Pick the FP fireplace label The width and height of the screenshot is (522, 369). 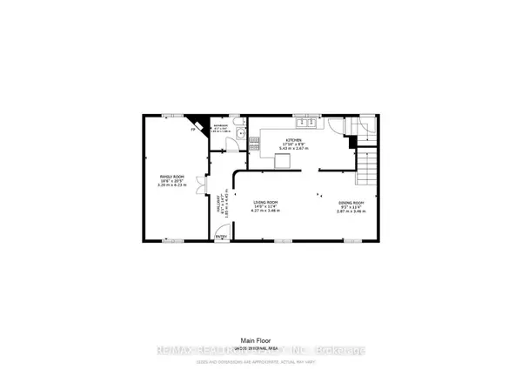[x=193, y=130]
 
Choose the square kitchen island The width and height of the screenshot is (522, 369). [x=284, y=160]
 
